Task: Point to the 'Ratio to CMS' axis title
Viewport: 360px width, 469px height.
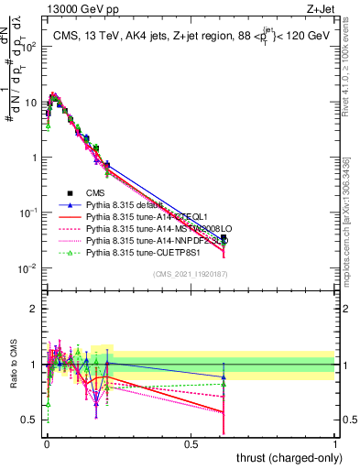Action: point(16,365)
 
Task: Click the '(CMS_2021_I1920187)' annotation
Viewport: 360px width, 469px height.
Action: point(190,275)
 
